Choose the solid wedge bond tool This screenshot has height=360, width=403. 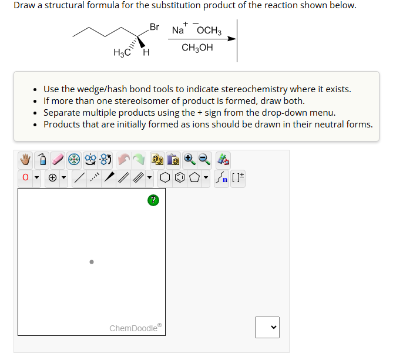(x=109, y=177)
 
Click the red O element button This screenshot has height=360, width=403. (x=25, y=177)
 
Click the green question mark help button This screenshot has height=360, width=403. (x=153, y=201)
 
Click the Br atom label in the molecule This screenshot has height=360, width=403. (x=155, y=27)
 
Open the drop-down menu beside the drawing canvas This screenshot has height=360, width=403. (x=267, y=327)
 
